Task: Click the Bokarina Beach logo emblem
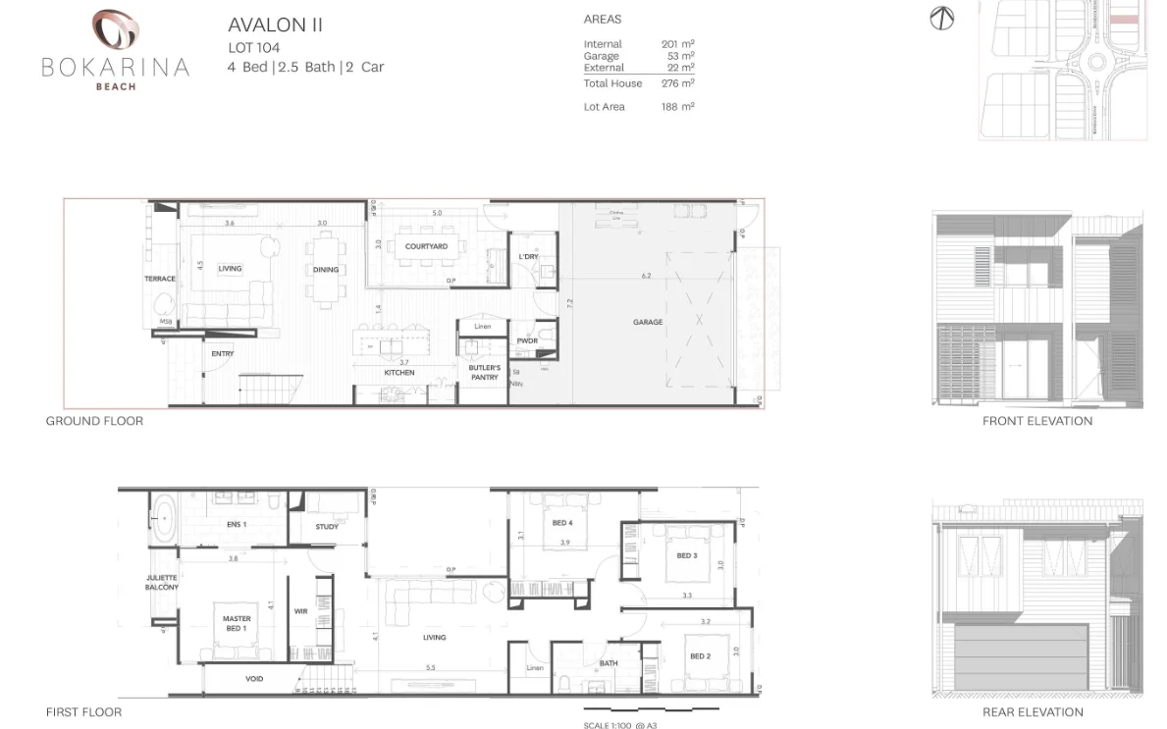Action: click(116, 29)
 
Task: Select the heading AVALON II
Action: click(275, 26)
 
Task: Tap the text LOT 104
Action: click(253, 47)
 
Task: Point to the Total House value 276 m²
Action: click(677, 83)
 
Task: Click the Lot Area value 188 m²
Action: click(677, 107)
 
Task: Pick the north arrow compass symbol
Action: click(941, 19)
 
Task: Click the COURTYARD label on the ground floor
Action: click(426, 246)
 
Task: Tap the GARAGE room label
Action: click(647, 322)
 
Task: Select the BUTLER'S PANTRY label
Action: click(484, 372)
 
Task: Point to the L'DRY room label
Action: click(528, 257)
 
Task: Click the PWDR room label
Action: click(527, 340)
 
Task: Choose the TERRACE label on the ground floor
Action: click(160, 279)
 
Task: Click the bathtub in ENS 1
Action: click(163, 516)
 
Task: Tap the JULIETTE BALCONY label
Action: click(162, 583)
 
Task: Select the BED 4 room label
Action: click(562, 523)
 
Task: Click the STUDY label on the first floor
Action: click(327, 527)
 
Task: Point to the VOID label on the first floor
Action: click(253, 679)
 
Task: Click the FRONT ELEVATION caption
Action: click(1036, 421)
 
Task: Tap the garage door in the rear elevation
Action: click(1020, 657)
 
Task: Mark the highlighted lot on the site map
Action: click(1124, 19)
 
